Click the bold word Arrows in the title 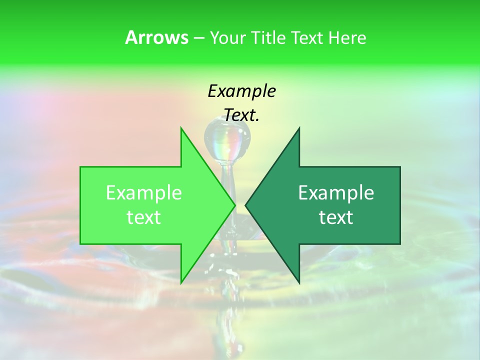(156, 37)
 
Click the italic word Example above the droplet (241, 91)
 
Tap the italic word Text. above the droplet (241, 115)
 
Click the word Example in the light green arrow (144, 192)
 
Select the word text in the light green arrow (144, 217)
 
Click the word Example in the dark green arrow (336, 192)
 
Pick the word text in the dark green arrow (336, 217)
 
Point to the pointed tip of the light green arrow (234, 205)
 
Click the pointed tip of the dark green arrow (246, 205)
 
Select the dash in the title (198, 38)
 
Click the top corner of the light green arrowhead (181, 129)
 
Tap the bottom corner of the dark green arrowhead (298, 282)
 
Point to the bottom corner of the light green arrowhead (181, 282)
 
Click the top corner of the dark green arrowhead (298, 129)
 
